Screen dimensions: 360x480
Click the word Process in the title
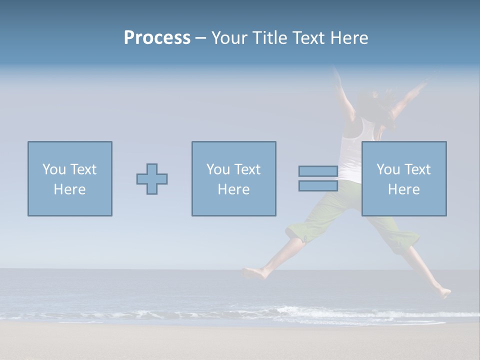[x=157, y=38]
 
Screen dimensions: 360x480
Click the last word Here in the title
[x=349, y=38]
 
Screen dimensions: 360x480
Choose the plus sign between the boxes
[x=152, y=179]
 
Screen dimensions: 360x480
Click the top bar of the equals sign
[x=318, y=171]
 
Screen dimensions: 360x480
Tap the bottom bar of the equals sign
[x=318, y=186]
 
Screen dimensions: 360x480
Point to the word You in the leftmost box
[x=53, y=169]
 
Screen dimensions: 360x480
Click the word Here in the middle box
[x=233, y=189]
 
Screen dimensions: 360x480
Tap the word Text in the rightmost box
[x=417, y=169]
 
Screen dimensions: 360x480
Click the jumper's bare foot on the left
[x=253, y=273]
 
